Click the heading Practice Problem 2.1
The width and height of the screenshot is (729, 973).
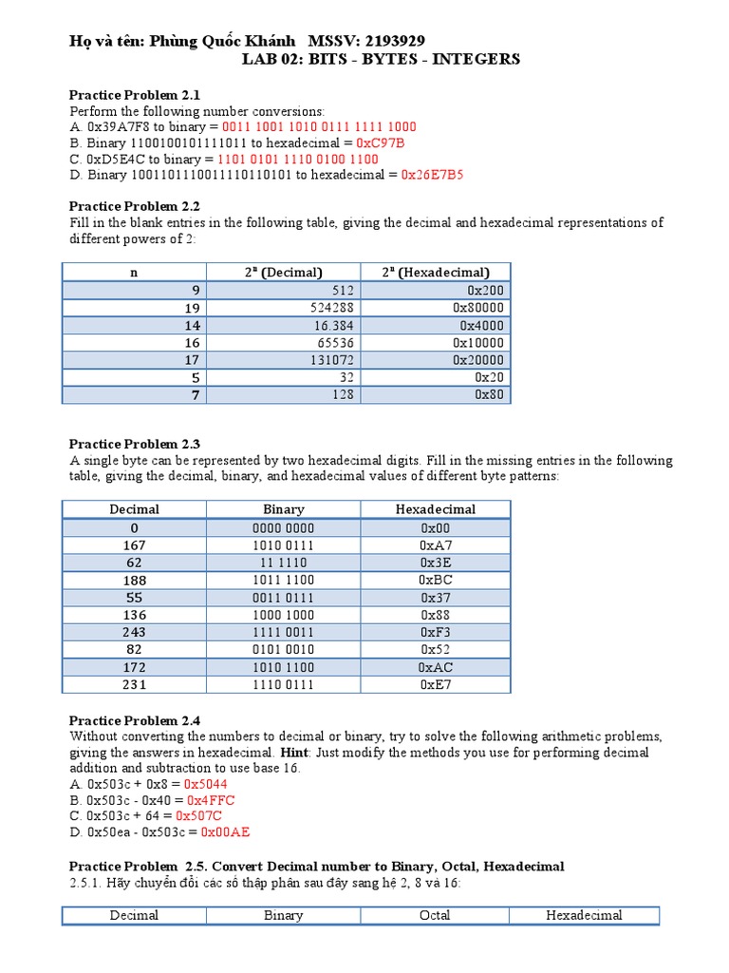(135, 95)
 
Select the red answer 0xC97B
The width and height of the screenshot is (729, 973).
(380, 143)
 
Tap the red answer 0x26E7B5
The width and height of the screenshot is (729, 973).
(432, 175)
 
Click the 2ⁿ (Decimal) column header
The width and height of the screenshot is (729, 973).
(284, 273)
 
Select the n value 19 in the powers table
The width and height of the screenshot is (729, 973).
(191, 308)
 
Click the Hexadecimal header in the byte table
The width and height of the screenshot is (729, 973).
(436, 509)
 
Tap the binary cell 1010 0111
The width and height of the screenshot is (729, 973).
(284, 545)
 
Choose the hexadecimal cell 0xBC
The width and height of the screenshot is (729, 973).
(436, 580)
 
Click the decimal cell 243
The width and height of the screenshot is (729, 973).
(135, 632)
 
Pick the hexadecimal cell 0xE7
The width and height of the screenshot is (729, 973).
(436, 684)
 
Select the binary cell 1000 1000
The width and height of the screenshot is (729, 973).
(284, 615)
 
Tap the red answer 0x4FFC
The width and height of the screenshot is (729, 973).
(211, 800)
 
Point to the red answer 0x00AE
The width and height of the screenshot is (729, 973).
(225, 832)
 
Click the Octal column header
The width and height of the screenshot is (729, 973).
(435, 916)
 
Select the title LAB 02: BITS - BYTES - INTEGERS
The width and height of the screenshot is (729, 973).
(382, 59)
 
